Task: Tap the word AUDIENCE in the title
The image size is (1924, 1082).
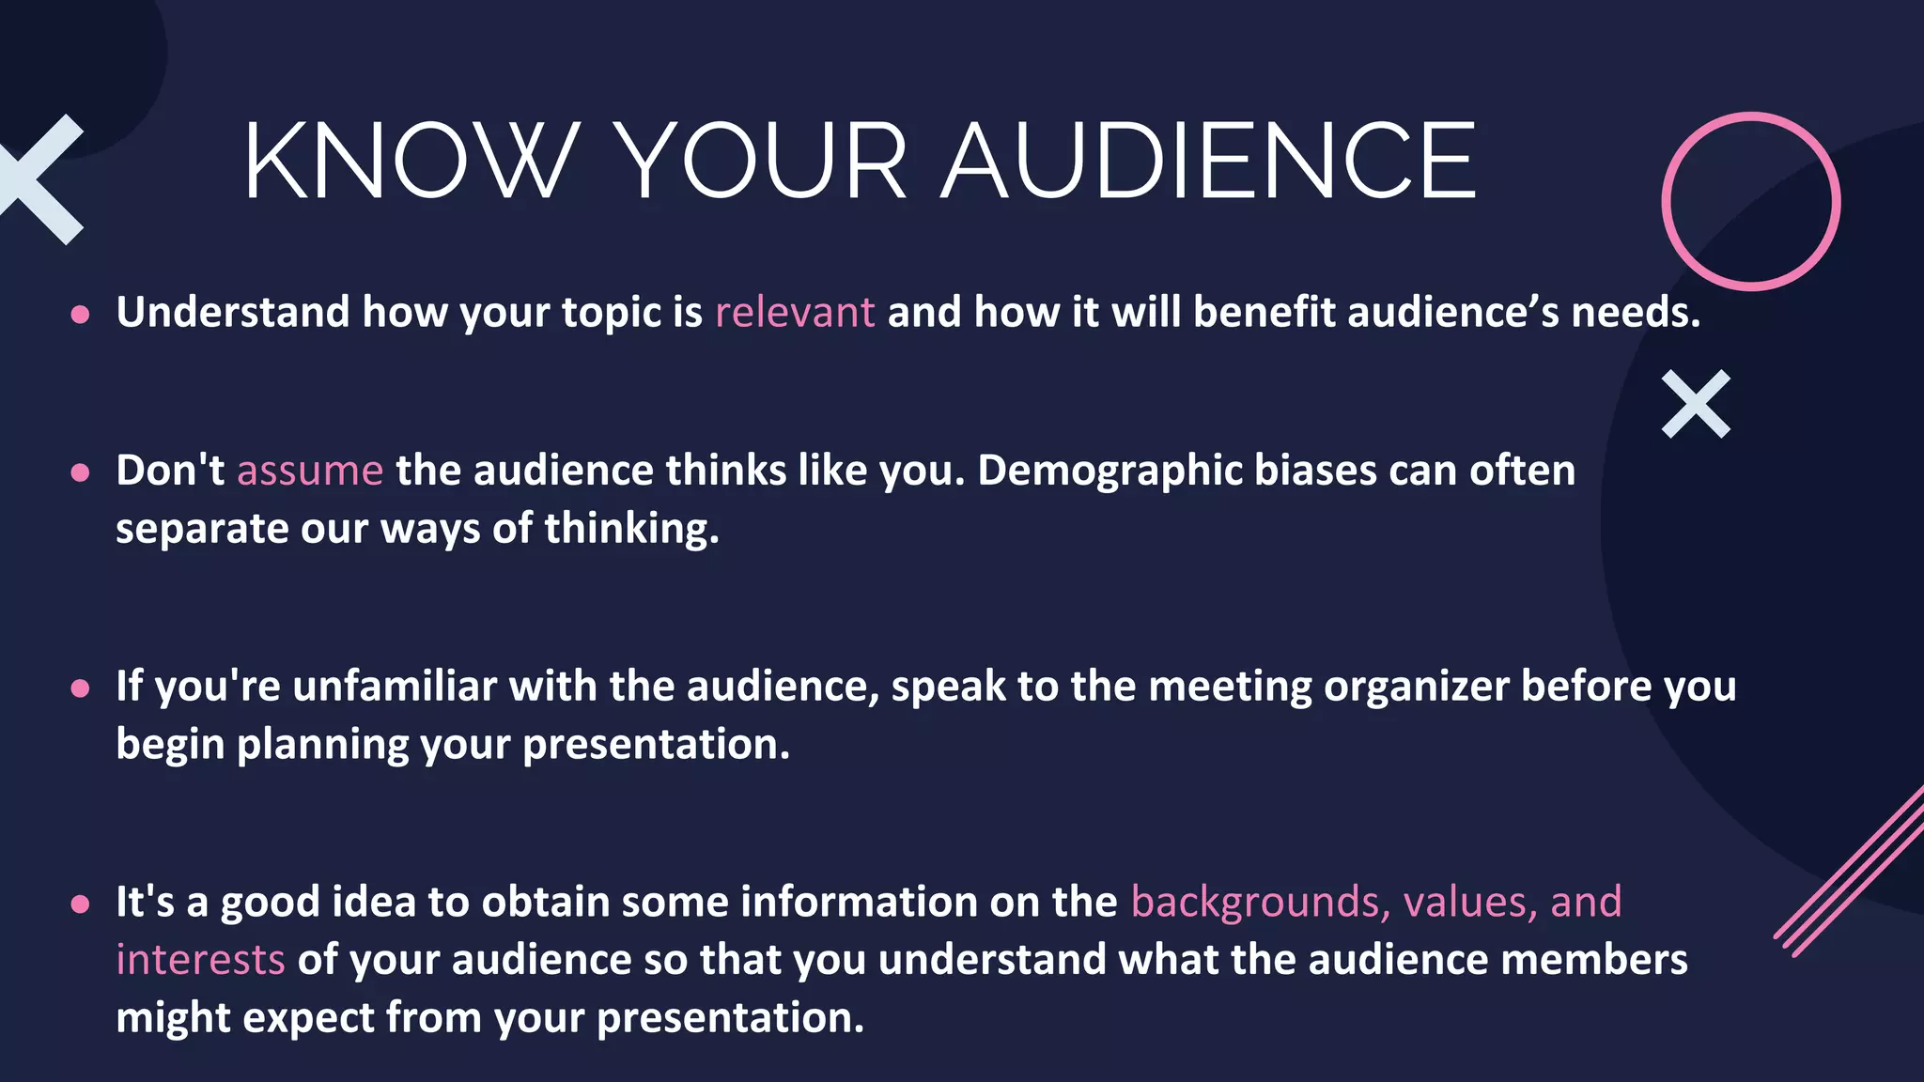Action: coord(1209,162)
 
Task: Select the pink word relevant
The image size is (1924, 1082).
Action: coord(795,313)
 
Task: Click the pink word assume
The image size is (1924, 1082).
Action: coord(310,471)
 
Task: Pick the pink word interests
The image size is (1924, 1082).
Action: coord(200,960)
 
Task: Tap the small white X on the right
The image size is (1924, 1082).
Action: coord(1696,404)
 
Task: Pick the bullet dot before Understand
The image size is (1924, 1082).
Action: coord(81,315)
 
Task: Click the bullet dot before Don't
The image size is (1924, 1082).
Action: coord(81,472)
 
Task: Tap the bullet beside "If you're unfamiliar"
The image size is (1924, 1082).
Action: coord(81,688)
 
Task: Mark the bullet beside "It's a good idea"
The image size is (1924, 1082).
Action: coord(81,904)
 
